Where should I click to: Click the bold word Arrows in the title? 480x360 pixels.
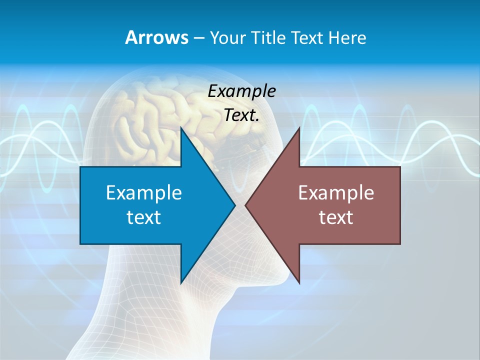[156, 37]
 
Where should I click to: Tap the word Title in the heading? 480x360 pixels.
[270, 37]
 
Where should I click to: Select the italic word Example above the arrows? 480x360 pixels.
[241, 91]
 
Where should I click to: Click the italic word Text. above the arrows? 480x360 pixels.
[241, 115]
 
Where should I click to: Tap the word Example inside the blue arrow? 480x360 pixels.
[144, 192]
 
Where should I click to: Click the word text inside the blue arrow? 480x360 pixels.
[144, 217]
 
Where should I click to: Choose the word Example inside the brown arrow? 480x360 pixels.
[336, 192]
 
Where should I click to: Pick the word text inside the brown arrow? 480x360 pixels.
[336, 217]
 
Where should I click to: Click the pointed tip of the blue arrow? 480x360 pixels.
[234, 205]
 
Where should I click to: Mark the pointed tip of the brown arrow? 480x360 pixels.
[245, 205]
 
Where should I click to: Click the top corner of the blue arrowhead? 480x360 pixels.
[181, 128]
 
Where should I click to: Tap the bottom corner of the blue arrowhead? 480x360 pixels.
[181, 283]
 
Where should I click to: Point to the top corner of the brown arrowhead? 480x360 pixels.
[299, 128]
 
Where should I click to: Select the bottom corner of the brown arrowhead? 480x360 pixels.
[299, 283]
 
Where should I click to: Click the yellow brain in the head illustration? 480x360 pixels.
[150, 120]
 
